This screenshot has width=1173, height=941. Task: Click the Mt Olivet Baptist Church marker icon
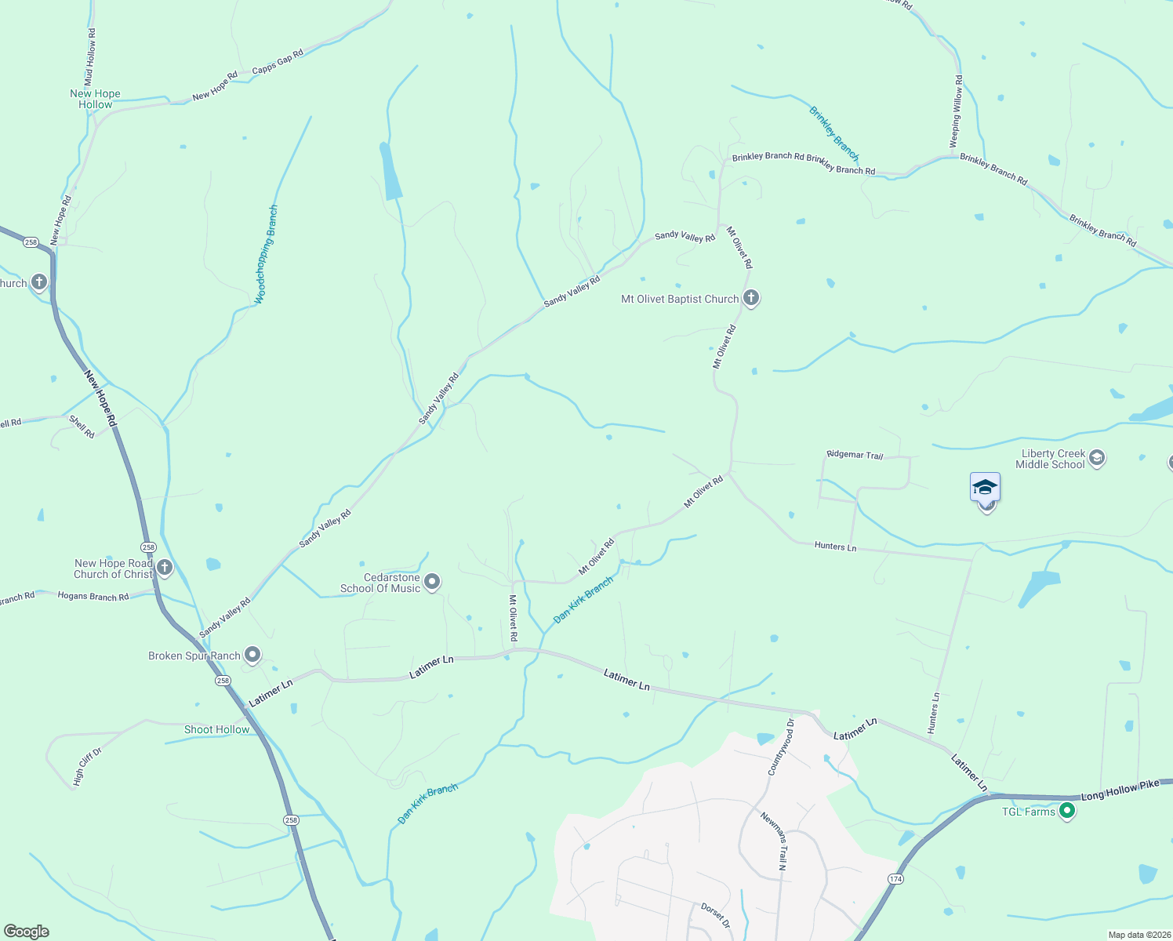pyautogui.click(x=751, y=298)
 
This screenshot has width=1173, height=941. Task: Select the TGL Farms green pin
pyautogui.click(x=1066, y=811)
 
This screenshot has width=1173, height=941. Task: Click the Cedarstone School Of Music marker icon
pyautogui.click(x=432, y=582)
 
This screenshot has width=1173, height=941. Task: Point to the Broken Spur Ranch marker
pyautogui.click(x=252, y=654)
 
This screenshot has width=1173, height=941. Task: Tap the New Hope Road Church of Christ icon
pyautogui.click(x=164, y=568)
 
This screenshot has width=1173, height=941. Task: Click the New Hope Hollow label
pyautogui.click(x=95, y=99)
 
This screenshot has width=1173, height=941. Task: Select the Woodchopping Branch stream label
pyautogui.click(x=267, y=254)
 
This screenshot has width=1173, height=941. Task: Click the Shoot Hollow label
pyautogui.click(x=216, y=729)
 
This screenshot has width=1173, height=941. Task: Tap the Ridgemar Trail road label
pyautogui.click(x=855, y=455)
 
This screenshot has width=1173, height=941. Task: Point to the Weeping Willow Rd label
pyautogui.click(x=956, y=111)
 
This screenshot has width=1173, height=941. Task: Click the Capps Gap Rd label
pyautogui.click(x=278, y=63)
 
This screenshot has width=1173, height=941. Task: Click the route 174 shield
pyautogui.click(x=895, y=879)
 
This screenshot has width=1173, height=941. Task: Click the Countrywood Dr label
pyautogui.click(x=781, y=747)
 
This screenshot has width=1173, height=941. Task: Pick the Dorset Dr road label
pyautogui.click(x=715, y=915)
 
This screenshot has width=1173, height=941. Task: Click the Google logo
pyautogui.click(x=27, y=932)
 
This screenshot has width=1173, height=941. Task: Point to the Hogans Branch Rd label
pyautogui.click(x=93, y=597)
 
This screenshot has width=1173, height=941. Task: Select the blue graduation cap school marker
pyautogui.click(x=985, y=488)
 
